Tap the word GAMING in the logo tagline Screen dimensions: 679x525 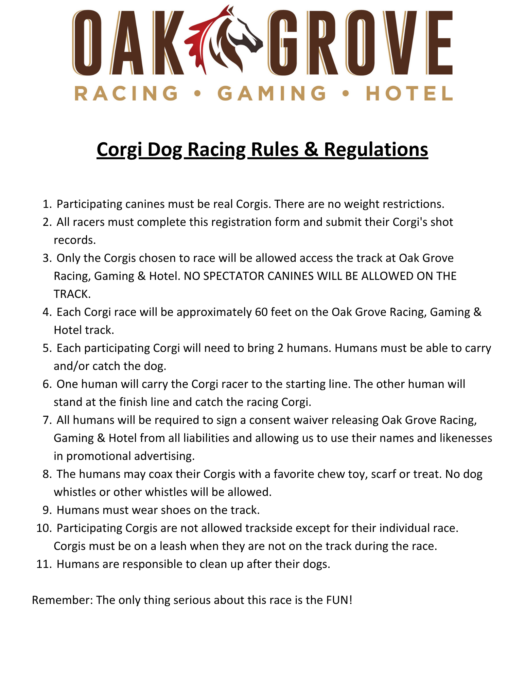272,93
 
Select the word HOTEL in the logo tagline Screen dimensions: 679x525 409,93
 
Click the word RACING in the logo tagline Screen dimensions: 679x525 126,93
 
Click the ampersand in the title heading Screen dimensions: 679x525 311,149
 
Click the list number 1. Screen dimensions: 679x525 47,204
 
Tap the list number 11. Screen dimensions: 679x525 43,564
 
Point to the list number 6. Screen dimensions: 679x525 47,384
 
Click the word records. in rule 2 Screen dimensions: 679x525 75,240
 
